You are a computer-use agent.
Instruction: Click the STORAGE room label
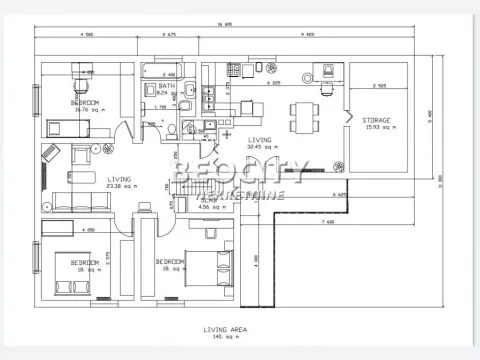(x=377, y=120)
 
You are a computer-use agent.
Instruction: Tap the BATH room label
(x=167, y=87)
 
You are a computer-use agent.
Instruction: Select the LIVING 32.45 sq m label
(x=260, y=140)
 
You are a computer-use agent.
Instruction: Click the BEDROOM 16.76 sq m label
(x=85, y=103)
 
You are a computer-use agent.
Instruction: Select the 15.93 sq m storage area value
(x=377, y=128)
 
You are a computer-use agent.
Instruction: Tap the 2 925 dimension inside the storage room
(x=379, y=85)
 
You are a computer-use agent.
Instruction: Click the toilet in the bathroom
(x=173, y=129)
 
